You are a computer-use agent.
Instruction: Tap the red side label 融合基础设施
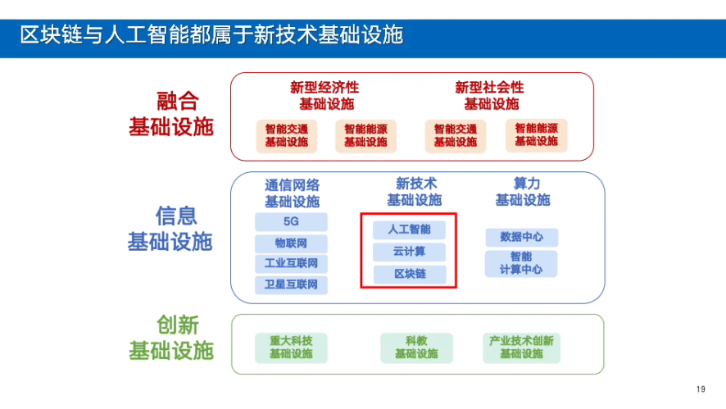pyautogui.click(x=171, y=114)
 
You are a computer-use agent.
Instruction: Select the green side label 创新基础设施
pyautogui.click(x=171, y=338)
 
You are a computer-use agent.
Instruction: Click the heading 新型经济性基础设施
pyautogui.click(x=325, y=96)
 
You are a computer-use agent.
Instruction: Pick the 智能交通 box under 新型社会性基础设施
pyautogui.click(x=456, y=135)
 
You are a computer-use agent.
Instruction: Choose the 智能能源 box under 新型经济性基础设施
pyautogui.click(x=365, y=135)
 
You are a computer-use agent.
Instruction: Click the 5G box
pyautogui.click(x=291, y=222)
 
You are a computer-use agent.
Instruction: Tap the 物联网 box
pyautogui.click(x=291, y=243)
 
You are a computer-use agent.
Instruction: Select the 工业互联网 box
pyautogui.click(x=291, y=264)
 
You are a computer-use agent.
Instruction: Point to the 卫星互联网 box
pyautogui.click(x=291, y=285)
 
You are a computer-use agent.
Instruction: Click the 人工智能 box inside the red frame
pyautogui.click(x=409, y=229)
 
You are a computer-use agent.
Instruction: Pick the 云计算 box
pyautogui.click(x=409, y=252)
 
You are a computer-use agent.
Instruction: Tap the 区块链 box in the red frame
pyautogui.click(x=409, y=274)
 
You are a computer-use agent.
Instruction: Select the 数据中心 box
pyautogui.click(x=521, y=238)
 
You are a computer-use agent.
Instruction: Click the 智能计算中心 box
pyautogui.click(x=521, y=263)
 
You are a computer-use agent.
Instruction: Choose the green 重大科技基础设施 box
pyautogui.click(x=291, y=348)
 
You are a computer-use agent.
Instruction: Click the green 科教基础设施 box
pyautogui.click(x=416, y=348)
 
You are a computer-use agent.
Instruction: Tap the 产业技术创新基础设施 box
pyautogui.click(x=521, y=348)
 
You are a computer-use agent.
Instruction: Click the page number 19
pyautogui.click(x=700, y=389)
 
